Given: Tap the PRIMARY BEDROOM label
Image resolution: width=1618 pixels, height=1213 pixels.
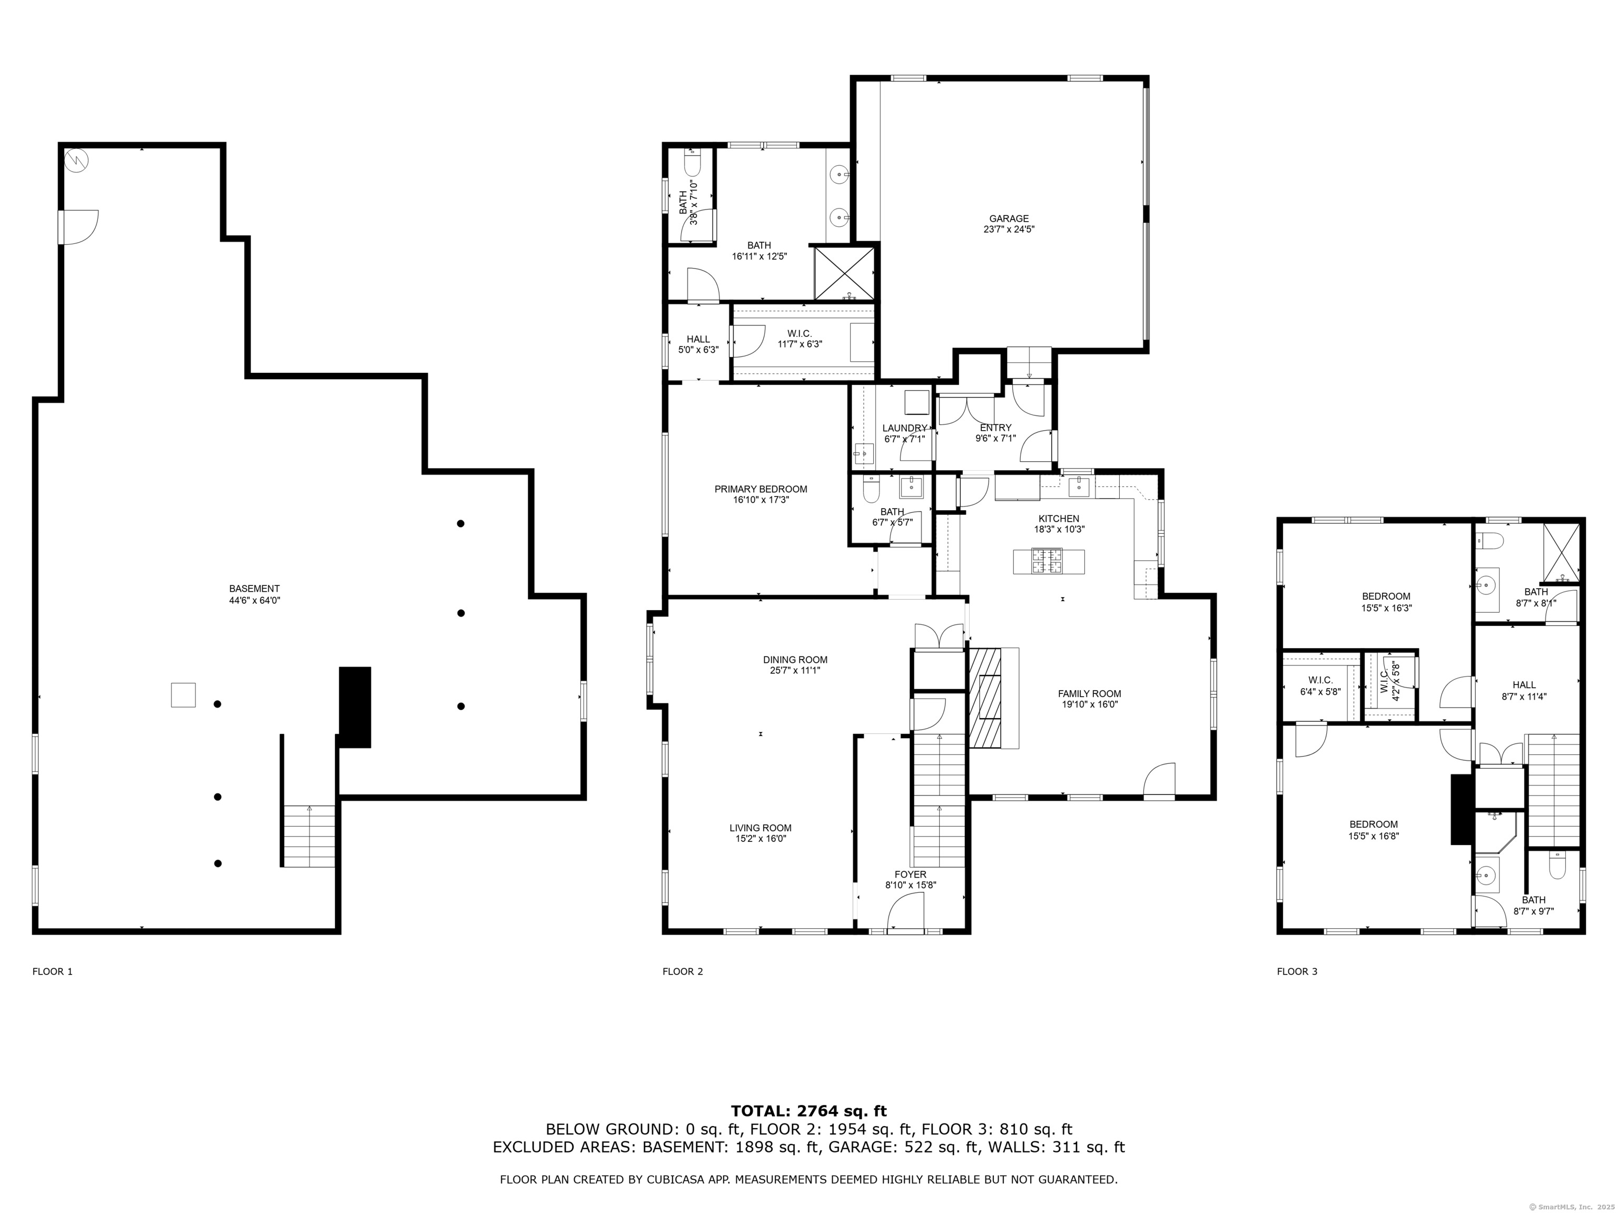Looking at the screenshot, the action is click(x=761, y=489).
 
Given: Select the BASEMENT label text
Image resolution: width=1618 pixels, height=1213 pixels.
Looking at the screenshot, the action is click(x=254, y=589).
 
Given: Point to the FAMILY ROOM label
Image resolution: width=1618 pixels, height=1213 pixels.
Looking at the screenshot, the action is click(x=1089, y=694).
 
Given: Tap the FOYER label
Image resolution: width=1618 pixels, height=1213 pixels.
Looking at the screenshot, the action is click(x=911, y=874).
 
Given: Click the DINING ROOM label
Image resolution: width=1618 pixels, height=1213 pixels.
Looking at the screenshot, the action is click(x=795, y=660).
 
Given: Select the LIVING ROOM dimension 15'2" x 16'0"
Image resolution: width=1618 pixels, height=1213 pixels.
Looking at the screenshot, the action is click(x=761, y=839).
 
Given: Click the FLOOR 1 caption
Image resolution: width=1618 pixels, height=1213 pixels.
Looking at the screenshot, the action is click(x=53, y=972).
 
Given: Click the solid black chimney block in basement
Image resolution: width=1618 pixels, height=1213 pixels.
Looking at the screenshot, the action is click(x=355, y=707).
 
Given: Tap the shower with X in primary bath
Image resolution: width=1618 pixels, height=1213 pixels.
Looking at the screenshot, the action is click(x=845, y=273).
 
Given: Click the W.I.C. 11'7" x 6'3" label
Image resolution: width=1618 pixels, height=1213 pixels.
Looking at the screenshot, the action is click(x=800, y=339).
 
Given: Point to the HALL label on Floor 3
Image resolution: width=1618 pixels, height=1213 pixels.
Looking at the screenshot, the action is click(x=1524, y=685).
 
